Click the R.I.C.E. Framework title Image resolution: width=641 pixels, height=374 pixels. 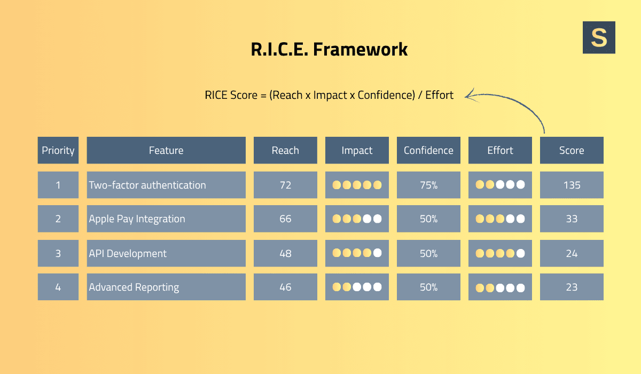point(329,49)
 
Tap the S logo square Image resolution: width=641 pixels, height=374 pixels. point(599,37)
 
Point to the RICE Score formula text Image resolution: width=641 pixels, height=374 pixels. point(329,95)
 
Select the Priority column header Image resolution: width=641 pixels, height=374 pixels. point(58,151)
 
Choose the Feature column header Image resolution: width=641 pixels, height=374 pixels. point(166,151)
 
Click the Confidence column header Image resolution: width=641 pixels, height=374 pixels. point(428,151)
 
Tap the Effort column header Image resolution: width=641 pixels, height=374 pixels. point(500,151)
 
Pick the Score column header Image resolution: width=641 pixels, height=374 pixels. point(572,151)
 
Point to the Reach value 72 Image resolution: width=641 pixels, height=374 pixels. point(285,185)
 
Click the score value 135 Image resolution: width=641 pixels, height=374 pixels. point(572,185)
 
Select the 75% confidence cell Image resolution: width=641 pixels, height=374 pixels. point(428,185)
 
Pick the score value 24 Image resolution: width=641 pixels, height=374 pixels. point(572,253)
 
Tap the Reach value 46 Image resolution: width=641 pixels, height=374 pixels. point(285,287)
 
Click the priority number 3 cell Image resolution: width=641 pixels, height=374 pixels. point(58,253)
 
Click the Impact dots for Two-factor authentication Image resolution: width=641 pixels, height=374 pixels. point(357,185)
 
